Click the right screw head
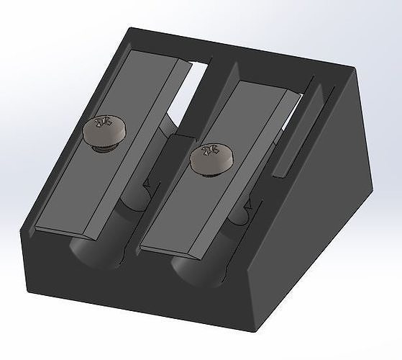[x=212, y=158]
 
